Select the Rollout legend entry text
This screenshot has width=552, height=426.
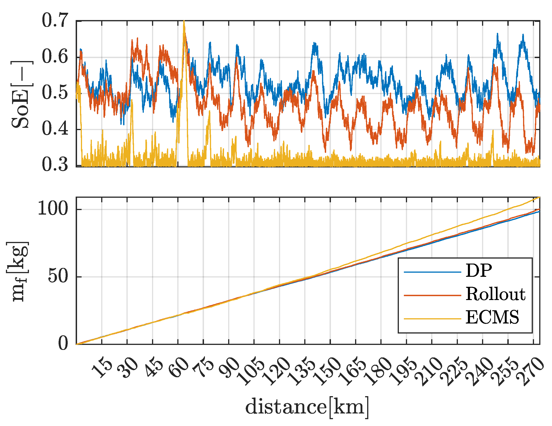click(495, 294)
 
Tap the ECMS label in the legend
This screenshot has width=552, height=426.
click(492, 317)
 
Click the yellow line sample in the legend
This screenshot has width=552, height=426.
click(432, 319)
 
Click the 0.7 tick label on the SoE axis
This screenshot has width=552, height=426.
click(55, 21)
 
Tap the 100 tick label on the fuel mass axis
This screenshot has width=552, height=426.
click(53, 209)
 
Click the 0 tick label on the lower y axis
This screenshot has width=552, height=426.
click(63, 344)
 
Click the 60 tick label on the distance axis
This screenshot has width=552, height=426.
click(179, 368)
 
